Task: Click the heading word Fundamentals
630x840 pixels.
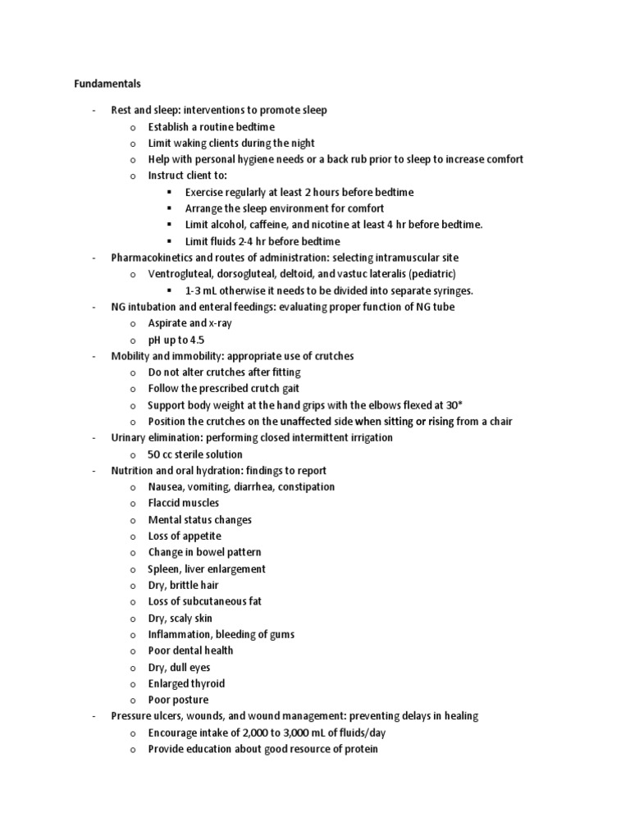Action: (x=107, y=83)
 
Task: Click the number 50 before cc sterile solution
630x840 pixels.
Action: (x=155, y=454)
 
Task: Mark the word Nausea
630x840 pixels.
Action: (x=167, y=486)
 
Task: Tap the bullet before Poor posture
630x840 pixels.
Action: (x=133, y=701)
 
